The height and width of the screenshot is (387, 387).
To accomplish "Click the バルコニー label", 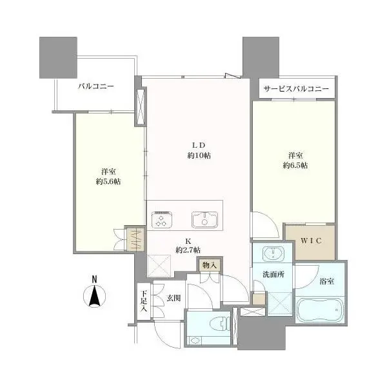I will pos(96,85).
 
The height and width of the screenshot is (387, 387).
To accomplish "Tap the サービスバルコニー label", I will pos(296,89).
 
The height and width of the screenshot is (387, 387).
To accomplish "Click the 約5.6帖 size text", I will pos(108,181).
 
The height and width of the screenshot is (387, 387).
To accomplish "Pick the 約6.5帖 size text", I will pos(295,166).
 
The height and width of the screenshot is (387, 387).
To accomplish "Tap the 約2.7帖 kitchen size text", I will pos(188,250).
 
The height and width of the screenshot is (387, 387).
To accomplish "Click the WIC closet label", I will pos(310,241).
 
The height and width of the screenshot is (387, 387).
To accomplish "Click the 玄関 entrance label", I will pos(173,299).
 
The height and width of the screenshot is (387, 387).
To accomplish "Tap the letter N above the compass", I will pos(94,279).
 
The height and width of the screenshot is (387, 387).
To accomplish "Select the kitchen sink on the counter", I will pos(203,219).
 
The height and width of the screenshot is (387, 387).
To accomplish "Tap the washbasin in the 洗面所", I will pos(273,252).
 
